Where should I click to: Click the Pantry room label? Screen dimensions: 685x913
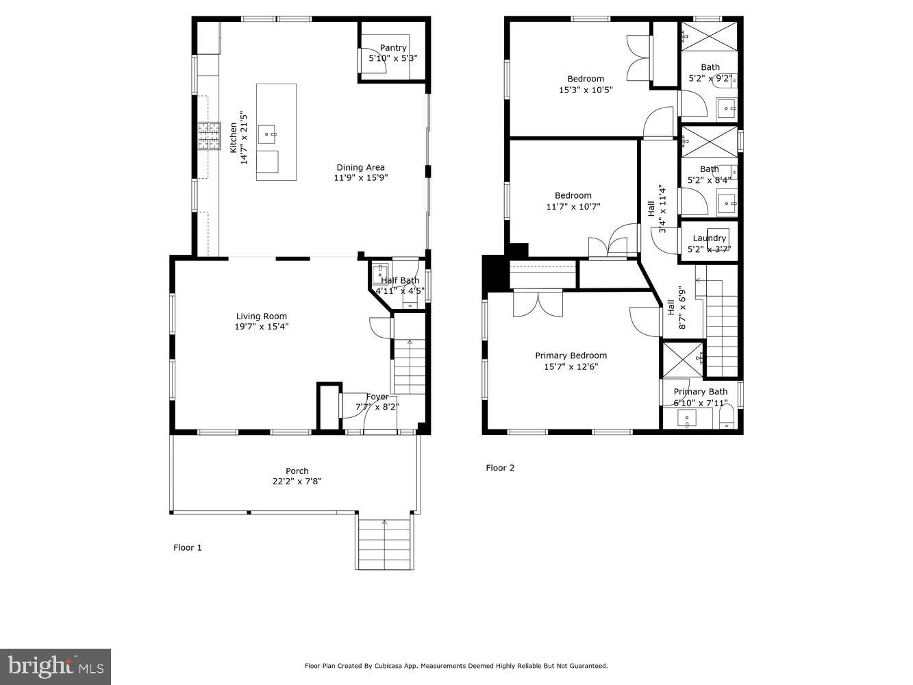click(x=393, y=47)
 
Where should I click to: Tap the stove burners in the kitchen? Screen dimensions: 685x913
click(x=210, y=135)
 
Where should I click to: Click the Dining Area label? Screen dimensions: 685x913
click(x=360, y=167)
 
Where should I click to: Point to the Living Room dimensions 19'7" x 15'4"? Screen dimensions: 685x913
click(x=262, y=327)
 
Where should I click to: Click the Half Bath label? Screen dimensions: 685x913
click(x=400, y=280)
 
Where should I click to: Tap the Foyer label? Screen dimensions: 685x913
click(x=377, y=397)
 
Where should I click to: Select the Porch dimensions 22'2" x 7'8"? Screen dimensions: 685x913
click(x=297, y=482)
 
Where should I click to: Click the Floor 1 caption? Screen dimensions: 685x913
click(x=188, y=547)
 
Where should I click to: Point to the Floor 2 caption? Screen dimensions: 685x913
click(x=500, y=468)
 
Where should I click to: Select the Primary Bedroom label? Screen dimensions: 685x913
click(x=571, y=356)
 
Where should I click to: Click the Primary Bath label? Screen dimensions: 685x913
click(x=700, y=392)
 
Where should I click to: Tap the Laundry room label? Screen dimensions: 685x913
click(x=709, y=238)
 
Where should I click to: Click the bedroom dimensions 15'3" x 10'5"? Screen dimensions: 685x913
click(x=586, y=90)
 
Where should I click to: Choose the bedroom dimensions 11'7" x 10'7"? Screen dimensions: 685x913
click(x=573, y=206)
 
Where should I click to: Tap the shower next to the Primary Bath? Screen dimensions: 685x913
click(x=682, y=358)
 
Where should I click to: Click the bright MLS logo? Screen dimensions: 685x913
click(x=55, y=665)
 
